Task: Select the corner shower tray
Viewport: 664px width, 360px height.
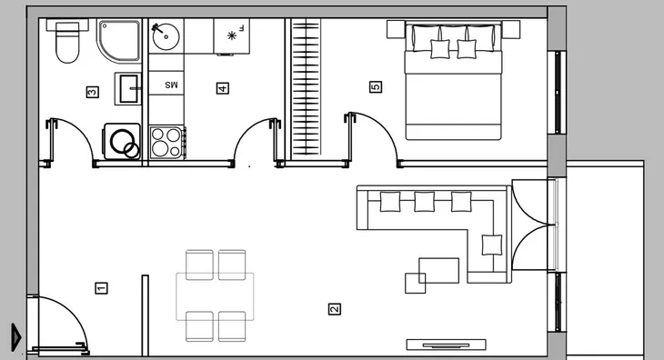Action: click(119, 40)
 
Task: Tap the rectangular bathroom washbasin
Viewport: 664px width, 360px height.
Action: click(128, 88)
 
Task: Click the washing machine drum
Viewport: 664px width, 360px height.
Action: click(124, 143)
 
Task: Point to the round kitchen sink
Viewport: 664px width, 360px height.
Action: click(166, 36)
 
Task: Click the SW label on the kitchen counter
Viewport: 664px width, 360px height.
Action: click(172, 85)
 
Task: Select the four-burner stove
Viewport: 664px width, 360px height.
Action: click(166, 143)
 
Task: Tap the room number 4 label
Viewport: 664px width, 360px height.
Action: click(223, 88)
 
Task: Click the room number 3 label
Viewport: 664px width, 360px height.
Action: click(92, 92)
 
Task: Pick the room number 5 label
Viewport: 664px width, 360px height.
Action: click(376, 87)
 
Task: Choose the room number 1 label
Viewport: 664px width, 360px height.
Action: click(101, 288)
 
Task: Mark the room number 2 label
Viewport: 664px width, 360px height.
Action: click(335, 309)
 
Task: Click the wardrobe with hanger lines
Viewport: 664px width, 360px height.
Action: click(306, 89)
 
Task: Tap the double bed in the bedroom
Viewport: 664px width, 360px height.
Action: click(453, 80)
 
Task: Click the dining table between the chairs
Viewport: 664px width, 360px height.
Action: click(216, 296)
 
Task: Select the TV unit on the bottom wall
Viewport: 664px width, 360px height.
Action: click(446, 345)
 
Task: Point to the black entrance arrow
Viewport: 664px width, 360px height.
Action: click(16, 337)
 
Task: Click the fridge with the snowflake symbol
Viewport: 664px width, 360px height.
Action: click(232, 36)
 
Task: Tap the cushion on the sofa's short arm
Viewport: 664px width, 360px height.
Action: click(492, 245)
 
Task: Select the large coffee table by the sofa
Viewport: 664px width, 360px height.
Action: click(438, 270)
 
